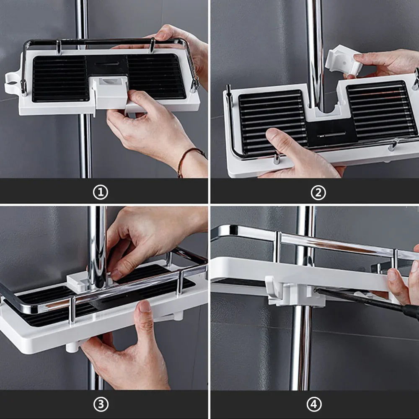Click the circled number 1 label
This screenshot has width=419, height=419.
tap(101, 192)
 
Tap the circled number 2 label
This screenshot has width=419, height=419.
tap(318, 193)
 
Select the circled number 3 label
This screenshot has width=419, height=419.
tap(101, 404)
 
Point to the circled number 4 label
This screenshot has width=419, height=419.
tap(314, 404)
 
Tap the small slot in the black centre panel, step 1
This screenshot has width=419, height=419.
tap(107, 64)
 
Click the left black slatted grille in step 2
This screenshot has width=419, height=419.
tap(273, 122)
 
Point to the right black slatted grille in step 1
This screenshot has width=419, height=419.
tap(156, 76)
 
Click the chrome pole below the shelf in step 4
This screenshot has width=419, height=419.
tap(301, 347)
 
